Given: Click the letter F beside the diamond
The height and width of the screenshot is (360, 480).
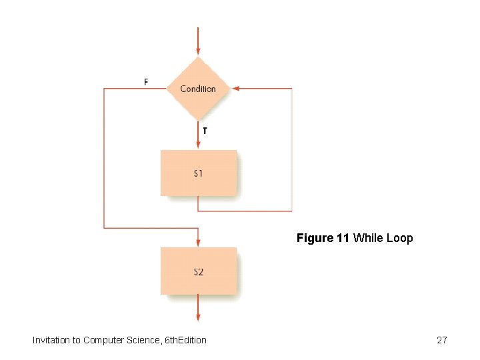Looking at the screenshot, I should [146, 82].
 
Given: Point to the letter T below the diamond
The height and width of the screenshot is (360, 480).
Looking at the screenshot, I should [205, 131].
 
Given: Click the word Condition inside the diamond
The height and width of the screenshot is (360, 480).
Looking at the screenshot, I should [198, 89].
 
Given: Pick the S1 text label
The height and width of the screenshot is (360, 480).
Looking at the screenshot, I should [199, 173].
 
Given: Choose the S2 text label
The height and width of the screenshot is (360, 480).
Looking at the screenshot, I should [199, 272].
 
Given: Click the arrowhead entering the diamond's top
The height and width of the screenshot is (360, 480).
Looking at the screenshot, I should [198, 51].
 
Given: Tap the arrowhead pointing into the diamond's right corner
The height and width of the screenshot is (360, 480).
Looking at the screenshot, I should [237, 88].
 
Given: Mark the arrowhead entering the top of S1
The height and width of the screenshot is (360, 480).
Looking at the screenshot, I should [198, 144].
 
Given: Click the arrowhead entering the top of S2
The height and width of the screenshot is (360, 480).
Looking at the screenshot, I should [198, 242].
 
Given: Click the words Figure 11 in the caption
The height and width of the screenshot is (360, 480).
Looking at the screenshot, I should [323, 238].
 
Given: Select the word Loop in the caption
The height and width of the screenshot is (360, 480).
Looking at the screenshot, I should [400, 238].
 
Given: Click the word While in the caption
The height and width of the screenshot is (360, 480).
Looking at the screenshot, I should [368, 238].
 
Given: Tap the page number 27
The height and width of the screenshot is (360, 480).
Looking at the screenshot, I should [441, 340].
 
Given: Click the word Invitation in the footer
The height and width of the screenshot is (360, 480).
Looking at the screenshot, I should [51, 340].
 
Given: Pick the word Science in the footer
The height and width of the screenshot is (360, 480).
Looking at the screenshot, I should [141, 340].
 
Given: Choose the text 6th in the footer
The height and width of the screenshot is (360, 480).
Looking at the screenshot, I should [170, 340].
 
